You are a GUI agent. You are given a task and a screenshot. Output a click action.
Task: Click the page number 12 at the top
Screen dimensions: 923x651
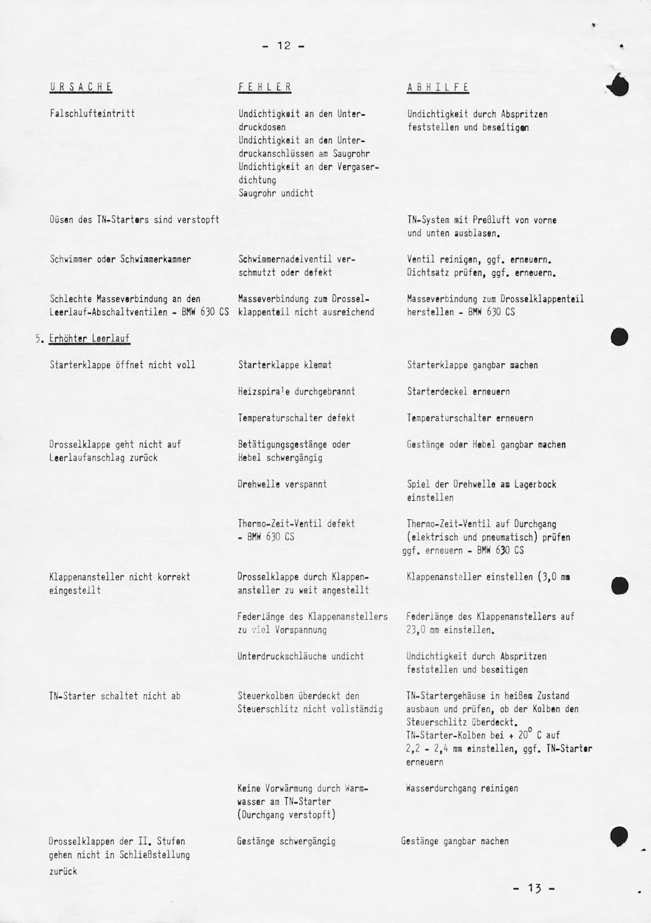coord(284,46)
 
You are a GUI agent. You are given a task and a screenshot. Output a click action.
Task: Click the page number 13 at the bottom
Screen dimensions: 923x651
coord(533,889)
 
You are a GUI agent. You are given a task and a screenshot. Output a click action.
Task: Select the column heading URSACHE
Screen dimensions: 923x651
coord(81,87)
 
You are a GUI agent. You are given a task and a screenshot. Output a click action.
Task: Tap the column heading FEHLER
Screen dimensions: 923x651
coord(265,87)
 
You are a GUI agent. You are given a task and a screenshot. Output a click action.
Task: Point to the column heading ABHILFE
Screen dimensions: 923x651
coord(438,87)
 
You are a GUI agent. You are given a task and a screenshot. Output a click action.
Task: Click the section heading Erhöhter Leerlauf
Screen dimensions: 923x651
coord(90,339)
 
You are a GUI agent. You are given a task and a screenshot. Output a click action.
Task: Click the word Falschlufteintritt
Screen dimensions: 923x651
coord(92,114)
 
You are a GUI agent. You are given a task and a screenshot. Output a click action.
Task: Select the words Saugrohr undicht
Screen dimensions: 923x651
coord(276,193)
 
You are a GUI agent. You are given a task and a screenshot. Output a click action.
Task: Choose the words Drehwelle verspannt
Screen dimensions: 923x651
coord(282,484)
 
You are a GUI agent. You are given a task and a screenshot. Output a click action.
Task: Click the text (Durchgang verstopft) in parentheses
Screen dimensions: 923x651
coord(287,815)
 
